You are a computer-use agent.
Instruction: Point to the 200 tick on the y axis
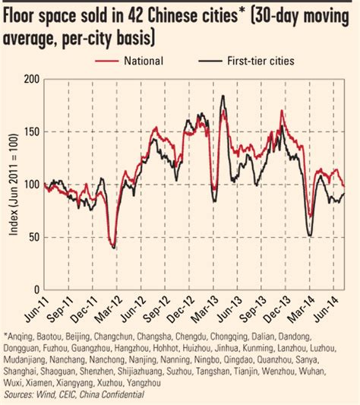tap(33, 79)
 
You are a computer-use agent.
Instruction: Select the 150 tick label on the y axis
tap(33, 131)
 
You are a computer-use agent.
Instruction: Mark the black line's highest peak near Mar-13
tap(223, 96)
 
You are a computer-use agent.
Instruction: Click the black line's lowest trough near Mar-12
tap(113, 248)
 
